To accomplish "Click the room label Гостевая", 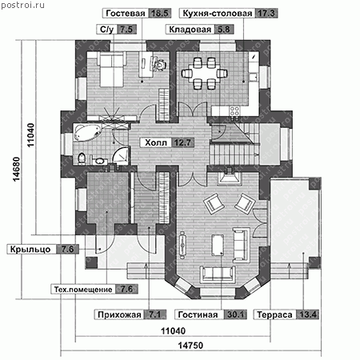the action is click(126, 14).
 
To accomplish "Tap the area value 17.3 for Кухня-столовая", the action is click(266, 14).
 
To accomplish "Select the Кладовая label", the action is click(190, 30).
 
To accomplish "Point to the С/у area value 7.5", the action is click(126, 30).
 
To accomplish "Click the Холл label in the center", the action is click(156, 142).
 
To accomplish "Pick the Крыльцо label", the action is click(30, 250).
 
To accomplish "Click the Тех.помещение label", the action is click(83, 290).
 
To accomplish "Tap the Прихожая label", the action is click(119, 314).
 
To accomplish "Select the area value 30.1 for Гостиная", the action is click(235, 314).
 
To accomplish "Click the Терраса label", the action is click(274, 314).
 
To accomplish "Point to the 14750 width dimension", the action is click(190, 346).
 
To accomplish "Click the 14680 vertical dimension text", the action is click(17, 170).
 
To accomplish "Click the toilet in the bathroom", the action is click(82, 158).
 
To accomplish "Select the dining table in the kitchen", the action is click(205, 74).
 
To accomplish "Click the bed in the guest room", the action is click(111, 70).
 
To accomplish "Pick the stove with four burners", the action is click(234, 111).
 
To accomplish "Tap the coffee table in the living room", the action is click(218, 245).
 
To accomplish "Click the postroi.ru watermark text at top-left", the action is click(23, 5).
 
